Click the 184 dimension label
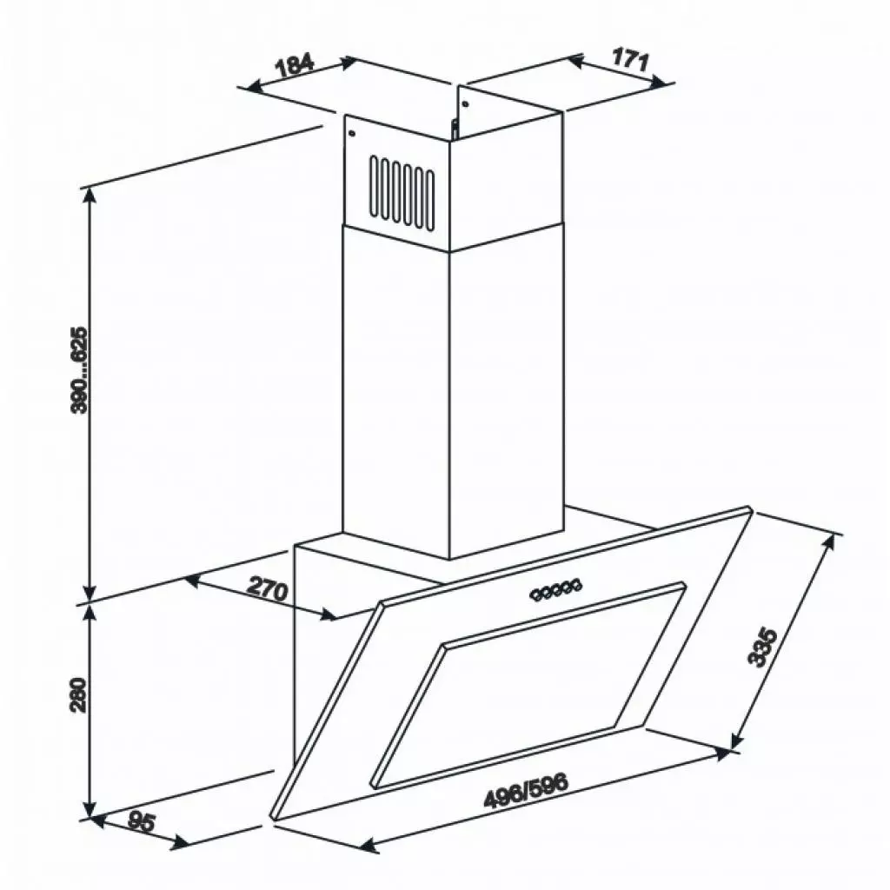coord(295,67)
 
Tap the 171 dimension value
coord(631,61)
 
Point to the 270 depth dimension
coord(267,589)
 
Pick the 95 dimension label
coord(139,822)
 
